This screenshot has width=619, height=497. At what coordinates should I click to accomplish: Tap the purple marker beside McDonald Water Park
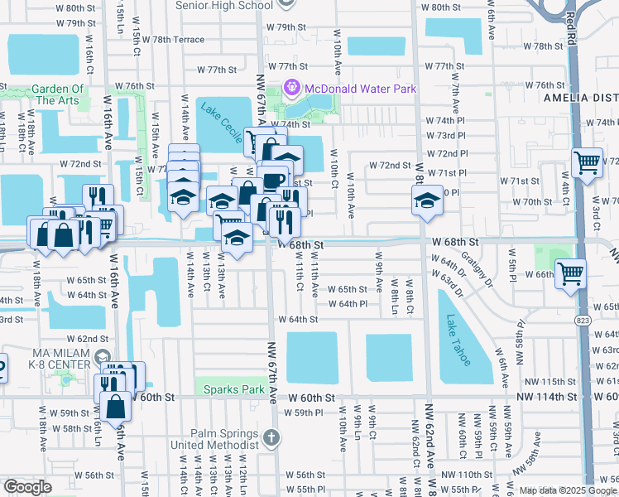[291, 87]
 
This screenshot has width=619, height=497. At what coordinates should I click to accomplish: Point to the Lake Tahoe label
[458, 340]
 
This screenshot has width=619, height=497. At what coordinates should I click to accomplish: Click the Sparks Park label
[229, 389]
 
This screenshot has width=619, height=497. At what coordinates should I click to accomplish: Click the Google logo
[27, 487]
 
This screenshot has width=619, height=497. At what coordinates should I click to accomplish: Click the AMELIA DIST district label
[579, 97]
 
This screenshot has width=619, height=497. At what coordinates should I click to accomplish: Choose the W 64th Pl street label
[353, 304]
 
